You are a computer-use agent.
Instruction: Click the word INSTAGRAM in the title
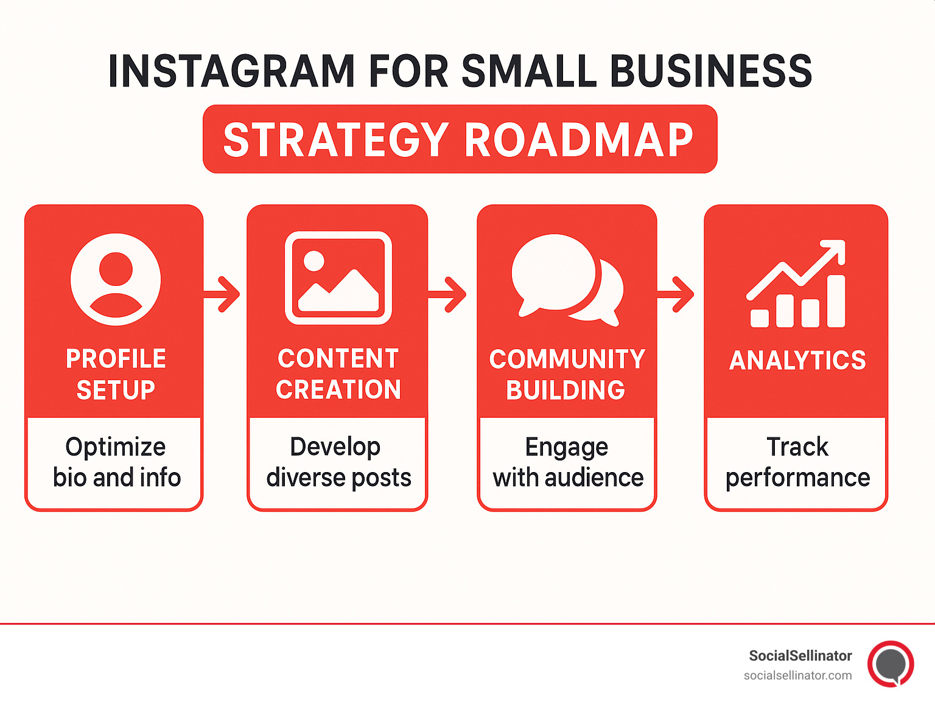231,72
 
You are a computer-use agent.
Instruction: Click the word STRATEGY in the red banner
336,140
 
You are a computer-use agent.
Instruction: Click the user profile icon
116,279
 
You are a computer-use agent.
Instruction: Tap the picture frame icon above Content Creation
338,277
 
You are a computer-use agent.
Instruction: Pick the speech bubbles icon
567,279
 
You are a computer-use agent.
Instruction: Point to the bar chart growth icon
796,285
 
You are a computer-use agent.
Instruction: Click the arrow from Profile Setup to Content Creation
224,294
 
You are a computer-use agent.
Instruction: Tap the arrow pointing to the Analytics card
678,294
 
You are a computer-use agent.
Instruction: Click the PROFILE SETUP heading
116,374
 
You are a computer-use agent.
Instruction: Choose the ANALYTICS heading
797,361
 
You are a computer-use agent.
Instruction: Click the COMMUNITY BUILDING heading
567,374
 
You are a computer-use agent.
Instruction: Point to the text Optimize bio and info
116,462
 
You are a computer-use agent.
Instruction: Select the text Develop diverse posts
338,462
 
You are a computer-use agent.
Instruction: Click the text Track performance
797,462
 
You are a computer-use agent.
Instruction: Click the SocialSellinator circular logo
891,664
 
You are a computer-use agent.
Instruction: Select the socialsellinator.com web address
797,675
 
